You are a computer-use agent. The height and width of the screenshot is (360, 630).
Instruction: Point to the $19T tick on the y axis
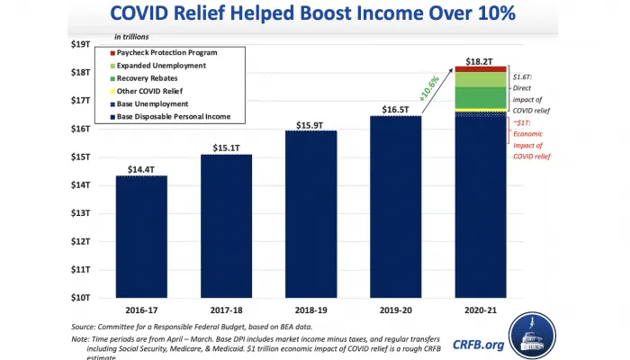pyautogui.click(x=80, y=44)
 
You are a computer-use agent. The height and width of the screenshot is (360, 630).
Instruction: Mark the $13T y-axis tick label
pyautogui.click(x=80, y=212)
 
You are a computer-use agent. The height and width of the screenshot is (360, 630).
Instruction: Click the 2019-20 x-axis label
pyautogui.click(x=396, y=308)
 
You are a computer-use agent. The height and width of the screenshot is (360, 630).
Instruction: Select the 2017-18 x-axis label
pyautogui.click(x=226, y=308)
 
